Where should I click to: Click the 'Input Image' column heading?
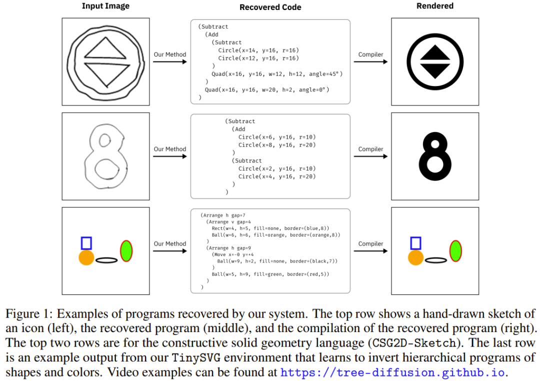(105, 6)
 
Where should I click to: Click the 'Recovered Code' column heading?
(270, 7)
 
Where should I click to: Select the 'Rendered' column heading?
(434, 6)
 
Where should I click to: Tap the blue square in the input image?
(86, 243)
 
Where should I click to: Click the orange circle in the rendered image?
(416, 257)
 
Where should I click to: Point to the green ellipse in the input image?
(126, 251)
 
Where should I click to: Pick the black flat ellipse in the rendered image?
(436, 260)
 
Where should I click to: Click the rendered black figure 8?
(435, 156)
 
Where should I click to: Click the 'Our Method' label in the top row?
(169, 54)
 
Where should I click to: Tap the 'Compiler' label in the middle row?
(371, 149)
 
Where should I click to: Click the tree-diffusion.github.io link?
(393, 372)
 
